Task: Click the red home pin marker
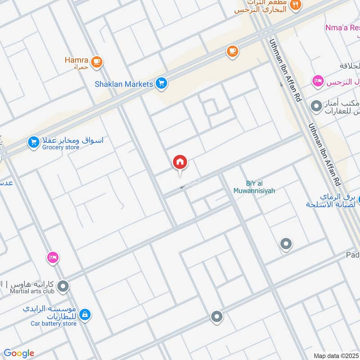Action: [x=180, y=162]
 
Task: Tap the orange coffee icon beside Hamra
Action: [x=96, y=62]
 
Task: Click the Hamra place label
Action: [x=76, y=60]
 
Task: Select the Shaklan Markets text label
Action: [x=124, y=84]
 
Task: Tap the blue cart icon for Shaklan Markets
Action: [x=162, y=83]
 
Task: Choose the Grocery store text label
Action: [x=61, y=147]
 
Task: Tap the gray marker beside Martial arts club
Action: [x=63, y=286]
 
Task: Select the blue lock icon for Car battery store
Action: [x=85, y=315]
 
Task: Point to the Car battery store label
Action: [x=53, y=323]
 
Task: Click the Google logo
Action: [x=19, y=353]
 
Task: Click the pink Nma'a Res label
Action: [x=342, y=28]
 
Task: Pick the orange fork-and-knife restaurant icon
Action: [x=296, y=4]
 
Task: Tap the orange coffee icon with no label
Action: [x=232, y=52]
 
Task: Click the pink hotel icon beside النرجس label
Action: [x=318, y=81]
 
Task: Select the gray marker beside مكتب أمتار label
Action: [x=317, y=106]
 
